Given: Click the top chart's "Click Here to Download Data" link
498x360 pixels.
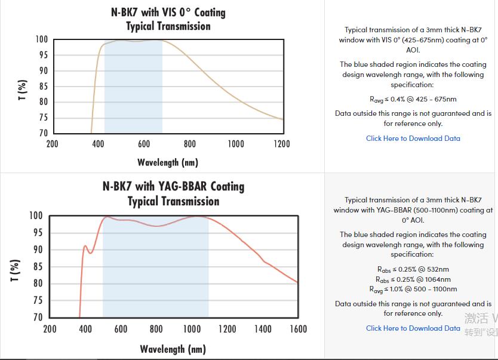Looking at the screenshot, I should pos(413,139).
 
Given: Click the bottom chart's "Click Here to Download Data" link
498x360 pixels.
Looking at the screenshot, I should pos(413,328).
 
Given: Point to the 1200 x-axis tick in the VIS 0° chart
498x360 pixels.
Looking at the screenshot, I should pos(282,144).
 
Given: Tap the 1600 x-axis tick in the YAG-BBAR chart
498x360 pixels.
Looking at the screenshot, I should pos(298,329).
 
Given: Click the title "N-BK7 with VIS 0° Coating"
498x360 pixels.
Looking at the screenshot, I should pos(168,12).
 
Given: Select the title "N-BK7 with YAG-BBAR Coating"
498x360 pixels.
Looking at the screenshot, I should pos(173,186).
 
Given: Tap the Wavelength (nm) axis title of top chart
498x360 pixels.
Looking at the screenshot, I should pos(168,162).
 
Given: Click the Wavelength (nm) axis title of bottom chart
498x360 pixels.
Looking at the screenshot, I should pos(173,349).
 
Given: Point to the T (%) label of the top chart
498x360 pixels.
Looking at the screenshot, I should pos(23,90).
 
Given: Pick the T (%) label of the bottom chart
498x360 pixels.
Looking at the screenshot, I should pos(16,270).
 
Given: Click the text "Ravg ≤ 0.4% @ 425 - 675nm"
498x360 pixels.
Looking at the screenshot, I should pos(413,99).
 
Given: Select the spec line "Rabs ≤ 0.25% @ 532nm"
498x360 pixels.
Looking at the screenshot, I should pos(413,269).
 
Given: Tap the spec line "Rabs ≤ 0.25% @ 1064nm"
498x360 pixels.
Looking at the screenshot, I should pos(413,279).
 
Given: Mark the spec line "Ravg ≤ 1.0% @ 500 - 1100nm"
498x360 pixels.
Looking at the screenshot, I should pos(413,289).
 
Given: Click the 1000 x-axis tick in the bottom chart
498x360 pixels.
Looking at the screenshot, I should pos(192,329).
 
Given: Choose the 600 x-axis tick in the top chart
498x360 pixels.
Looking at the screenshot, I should pos(144,144).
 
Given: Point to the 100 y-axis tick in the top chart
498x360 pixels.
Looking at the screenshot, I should pos(41,39).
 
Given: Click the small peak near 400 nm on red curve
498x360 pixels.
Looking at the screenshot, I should pos(85,246).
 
